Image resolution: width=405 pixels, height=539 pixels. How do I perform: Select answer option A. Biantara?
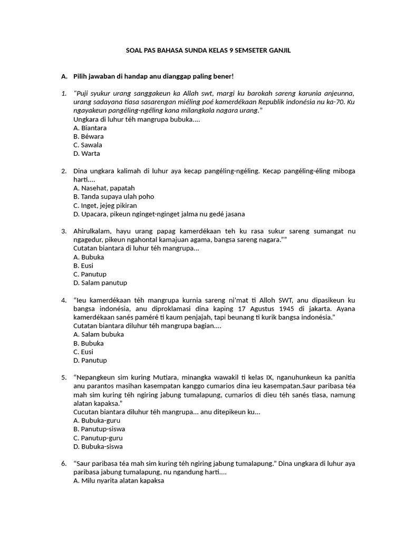pyautogui.click(x=90, y=128)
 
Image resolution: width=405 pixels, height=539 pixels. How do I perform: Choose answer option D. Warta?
pyautogui.click(x=87, y=154)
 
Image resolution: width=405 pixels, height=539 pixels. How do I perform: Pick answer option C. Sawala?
pyautogui.click(x=88, y=145)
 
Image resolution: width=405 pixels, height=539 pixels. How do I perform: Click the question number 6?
pyautogui.click(x=63, y=463)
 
